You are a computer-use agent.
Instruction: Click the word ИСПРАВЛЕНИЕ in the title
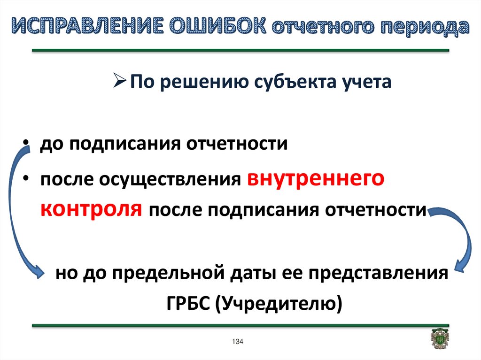pos(87,26)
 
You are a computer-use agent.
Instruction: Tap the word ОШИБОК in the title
pos(218,26)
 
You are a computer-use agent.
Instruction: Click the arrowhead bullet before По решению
pos(120,81)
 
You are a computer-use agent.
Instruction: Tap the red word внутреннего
pos(316,178)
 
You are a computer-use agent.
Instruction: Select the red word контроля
pos(91,209)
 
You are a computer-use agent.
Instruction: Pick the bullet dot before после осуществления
pos(26,177)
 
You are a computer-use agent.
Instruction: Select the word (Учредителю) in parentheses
pos(279,304)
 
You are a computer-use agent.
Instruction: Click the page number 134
pos(238,341)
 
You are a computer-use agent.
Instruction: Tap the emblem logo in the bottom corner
pos(440,338)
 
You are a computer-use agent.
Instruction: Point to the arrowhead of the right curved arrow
pos(459,266)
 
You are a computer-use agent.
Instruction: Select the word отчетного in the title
pos(323,27)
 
